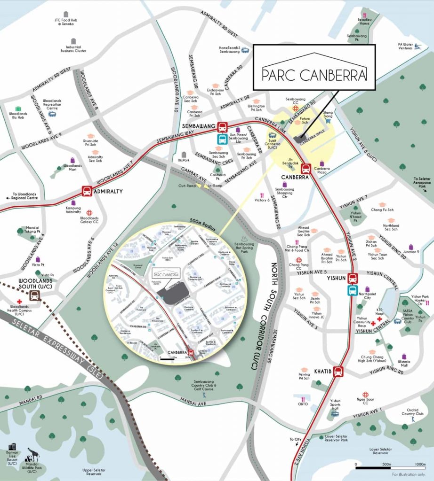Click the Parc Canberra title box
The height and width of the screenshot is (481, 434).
click(x=314, y=67)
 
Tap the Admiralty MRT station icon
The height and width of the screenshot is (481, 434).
click(x=87, y=191)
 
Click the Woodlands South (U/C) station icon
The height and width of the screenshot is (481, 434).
click(x=34, y=295)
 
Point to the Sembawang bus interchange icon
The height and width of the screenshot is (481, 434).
click(x=222, y=139)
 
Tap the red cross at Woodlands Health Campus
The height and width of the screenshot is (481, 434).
click(x=19, y=302)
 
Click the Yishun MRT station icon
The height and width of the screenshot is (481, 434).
click(x=353, y=278)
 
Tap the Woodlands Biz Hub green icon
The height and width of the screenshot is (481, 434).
click(x=18, y=109)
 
